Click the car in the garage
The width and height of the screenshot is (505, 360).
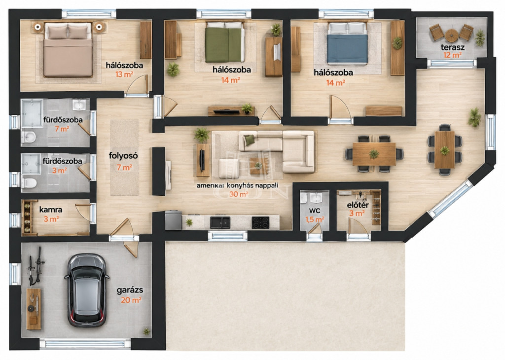pyautogui.click(x=86, y=290)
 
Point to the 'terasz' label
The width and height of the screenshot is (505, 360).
pyautogui.click(x=453, y=47)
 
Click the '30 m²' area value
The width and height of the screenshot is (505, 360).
pyautogui.click(x=239, y=194)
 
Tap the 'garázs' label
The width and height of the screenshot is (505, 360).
pyautogui.click(x=130, y=290)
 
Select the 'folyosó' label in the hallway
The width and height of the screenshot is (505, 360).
pyautogui.click(x=123, y=156)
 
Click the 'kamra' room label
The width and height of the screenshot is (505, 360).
pyautogui.click(x=51, y=210)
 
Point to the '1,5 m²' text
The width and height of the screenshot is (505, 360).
pyautogui.click(x=315, y=219)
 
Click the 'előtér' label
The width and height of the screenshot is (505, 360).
pyautogui.click(x=358, y=205)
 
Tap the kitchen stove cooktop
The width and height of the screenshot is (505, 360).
pyautogui.click(x=260, y=222)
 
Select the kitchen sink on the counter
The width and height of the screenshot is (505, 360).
pyautogui.click(x=220, y=222)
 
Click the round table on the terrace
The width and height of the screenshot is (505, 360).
pyautogui.click(x=452, y=34)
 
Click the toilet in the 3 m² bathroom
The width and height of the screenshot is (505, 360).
pyautogui.click(x=29, y=183)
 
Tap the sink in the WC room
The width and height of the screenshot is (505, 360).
pyautogui.click(x=317, y=197)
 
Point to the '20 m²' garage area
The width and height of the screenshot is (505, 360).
pyautogui.click(x=131, y=300)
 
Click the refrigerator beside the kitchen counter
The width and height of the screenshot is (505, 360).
pyautogui.click(x=173, y=220)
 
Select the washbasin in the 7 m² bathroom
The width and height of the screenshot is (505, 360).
pyautogui.click(x=79, y=105)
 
